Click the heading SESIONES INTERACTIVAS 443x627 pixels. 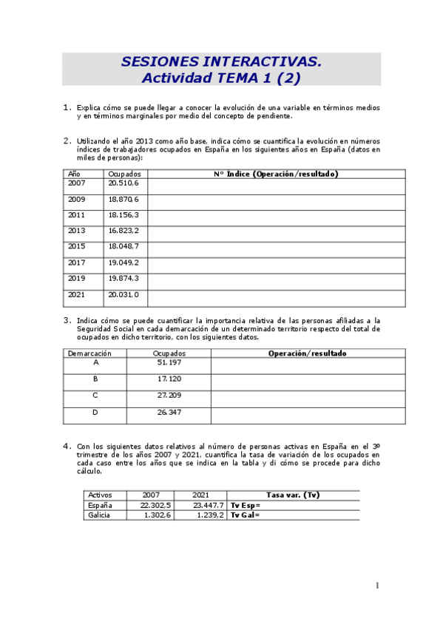(x=221, y=61)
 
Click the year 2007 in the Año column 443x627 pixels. (x=77, y=183)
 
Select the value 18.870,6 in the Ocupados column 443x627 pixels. (x=124, y=200)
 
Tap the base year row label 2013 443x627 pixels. (x=77, y=231)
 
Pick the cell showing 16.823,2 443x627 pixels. (x=124, y=231)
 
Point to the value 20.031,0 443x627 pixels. (x=124, y=294)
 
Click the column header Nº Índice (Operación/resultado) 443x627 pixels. (x=276, y=174)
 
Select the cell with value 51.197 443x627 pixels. (x=169, y=363)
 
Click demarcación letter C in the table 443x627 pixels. (x=95, y=396)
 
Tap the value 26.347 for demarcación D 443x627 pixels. (x=169, y=413)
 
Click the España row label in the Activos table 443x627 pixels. (x=100, y=505)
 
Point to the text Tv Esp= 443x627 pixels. (x=246, y=505)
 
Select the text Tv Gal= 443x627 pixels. (x=246, y=515)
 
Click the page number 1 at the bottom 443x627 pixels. (x=377, y=586)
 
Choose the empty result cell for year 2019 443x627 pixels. (x=276, y=279)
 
